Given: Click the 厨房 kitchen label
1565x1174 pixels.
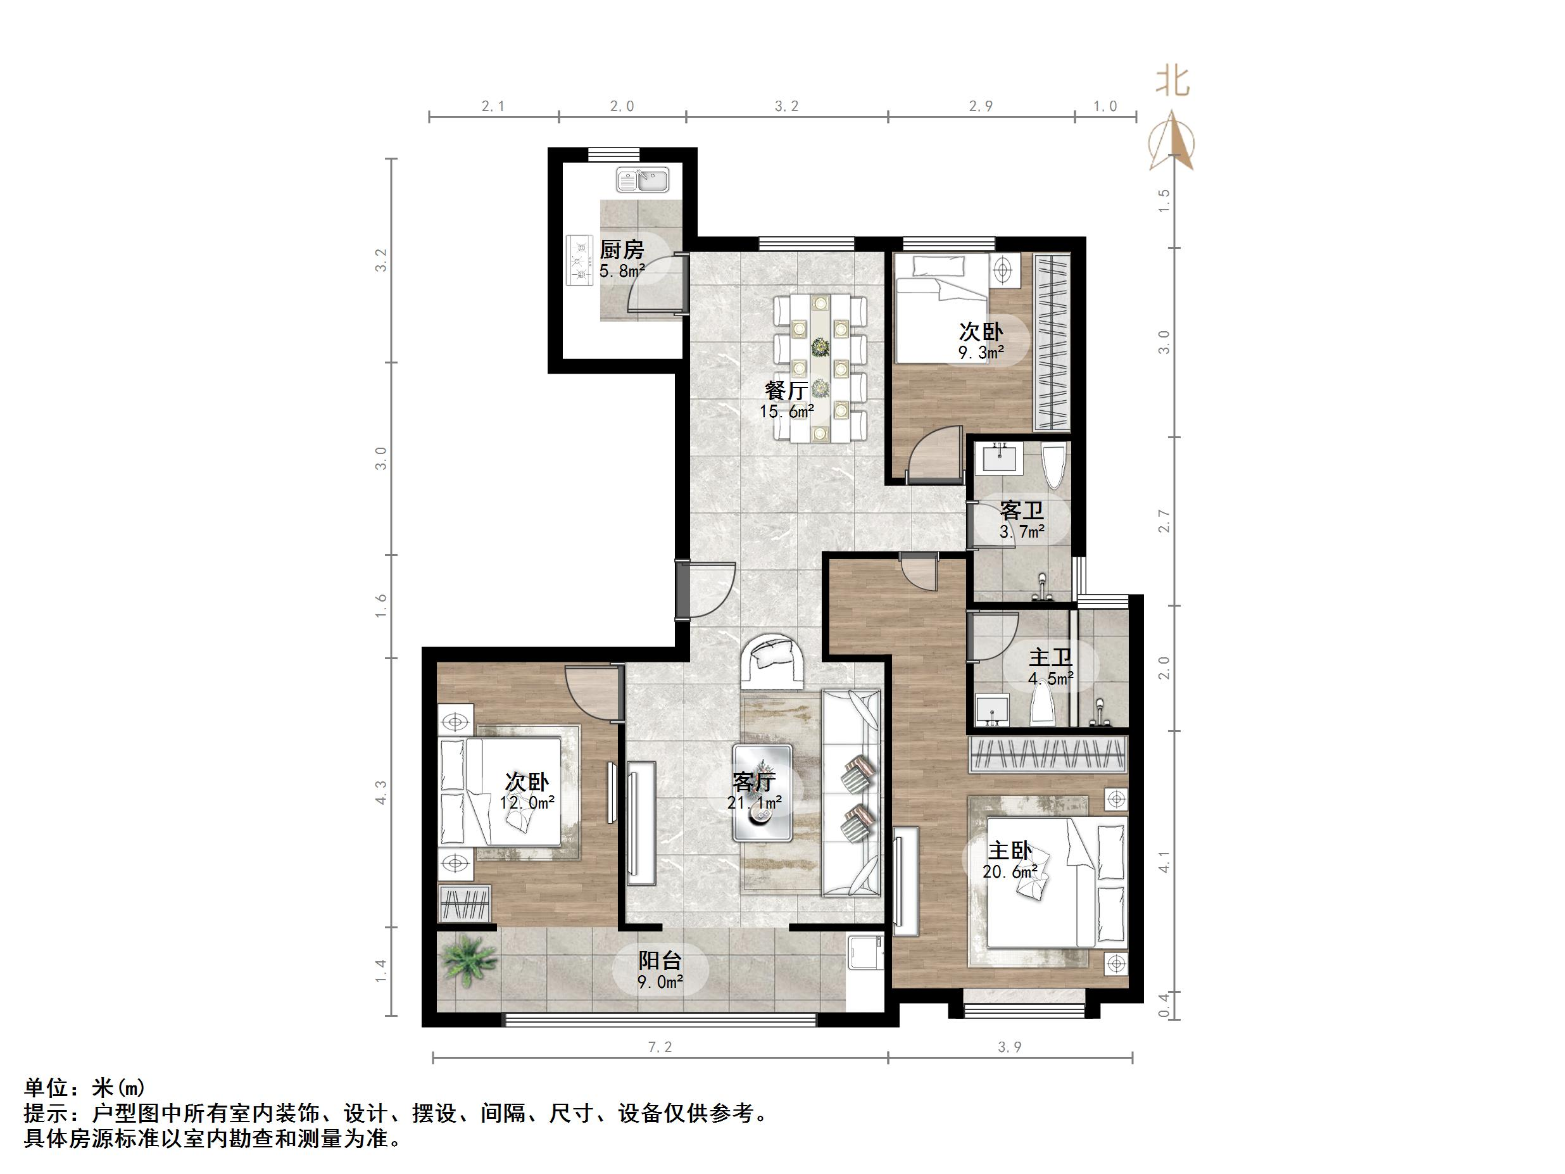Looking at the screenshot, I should pos(622,249).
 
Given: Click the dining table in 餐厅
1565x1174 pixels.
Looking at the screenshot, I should pos(820,369).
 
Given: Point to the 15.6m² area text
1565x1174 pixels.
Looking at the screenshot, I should pos(787,411).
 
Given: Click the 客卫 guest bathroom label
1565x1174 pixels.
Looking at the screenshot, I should pos(1022,510).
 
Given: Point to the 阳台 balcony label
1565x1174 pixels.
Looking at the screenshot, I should pos(660,961).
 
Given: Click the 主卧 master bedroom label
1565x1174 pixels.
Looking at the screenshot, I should pos(1010,850).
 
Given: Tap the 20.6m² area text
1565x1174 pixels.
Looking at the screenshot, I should pos(1010,872).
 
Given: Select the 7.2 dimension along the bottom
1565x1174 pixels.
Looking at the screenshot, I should pos(660,1047).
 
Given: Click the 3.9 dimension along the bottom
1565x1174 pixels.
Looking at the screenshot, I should pos(1010,1047).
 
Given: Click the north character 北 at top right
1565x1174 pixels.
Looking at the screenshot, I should pos(1172,82).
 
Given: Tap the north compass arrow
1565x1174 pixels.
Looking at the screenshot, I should pos(1172,142).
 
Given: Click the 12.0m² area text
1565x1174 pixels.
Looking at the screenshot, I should pos(527,803).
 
